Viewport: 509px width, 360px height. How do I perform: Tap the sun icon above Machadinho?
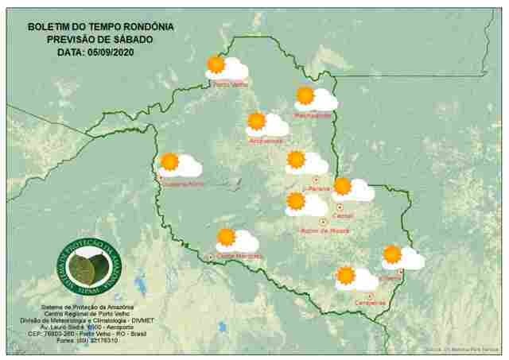[x=305, y=96]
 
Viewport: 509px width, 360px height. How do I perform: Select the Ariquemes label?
[x=266, y=141]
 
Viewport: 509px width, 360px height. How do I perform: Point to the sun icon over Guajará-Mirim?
[x=169, y=163]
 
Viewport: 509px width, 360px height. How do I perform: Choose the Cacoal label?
[x=344, y=215]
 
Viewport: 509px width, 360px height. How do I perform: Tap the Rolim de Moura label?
[x=322, y=231]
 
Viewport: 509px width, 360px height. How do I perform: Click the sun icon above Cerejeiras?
[x=345, y=276]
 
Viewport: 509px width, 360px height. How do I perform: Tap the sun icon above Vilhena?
[x=392, y=255]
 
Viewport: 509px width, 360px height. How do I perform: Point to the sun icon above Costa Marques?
[x=227, y=237]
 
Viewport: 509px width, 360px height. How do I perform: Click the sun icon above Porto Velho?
[x=216, y=65]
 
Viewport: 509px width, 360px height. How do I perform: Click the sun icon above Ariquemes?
[x=256, y=122]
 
